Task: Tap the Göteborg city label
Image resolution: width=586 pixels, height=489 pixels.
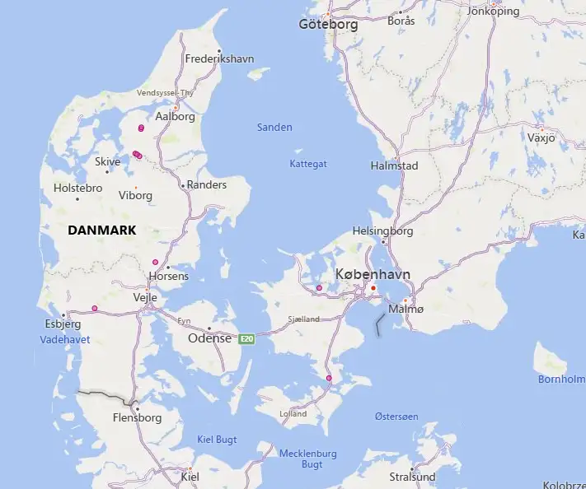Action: click(x=328, y=25)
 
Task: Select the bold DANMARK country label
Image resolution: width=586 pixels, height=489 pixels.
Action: click(x=101, y=231)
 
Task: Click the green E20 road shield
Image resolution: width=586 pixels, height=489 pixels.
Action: click(x=246, y=338)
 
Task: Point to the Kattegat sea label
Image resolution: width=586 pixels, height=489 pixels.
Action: click(x=308, y=164)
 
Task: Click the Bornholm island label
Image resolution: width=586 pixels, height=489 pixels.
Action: click(x=560, y=380)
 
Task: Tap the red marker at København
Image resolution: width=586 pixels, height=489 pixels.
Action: click(x=373, y=288)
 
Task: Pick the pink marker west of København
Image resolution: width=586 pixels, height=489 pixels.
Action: click(x=319, y=288)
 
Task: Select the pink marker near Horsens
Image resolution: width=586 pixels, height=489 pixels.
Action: click(x=155, y=263)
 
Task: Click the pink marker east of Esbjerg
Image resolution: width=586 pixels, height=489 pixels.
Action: click(x=95, y=309)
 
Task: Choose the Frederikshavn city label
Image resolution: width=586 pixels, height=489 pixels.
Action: click(x=219, y=59)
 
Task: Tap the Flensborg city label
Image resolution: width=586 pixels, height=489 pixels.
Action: click(x=136, y=417)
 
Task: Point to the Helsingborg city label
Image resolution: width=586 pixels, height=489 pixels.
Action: click(x=382, y=231)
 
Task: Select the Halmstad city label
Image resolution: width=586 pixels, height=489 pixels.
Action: click(x=396, y=165)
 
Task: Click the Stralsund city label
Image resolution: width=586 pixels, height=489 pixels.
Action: click(x=412, y=477)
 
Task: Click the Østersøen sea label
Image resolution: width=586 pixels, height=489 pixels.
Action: click(x=397, y=417)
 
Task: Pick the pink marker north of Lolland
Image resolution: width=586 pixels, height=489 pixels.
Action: click(x=329, y=378)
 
